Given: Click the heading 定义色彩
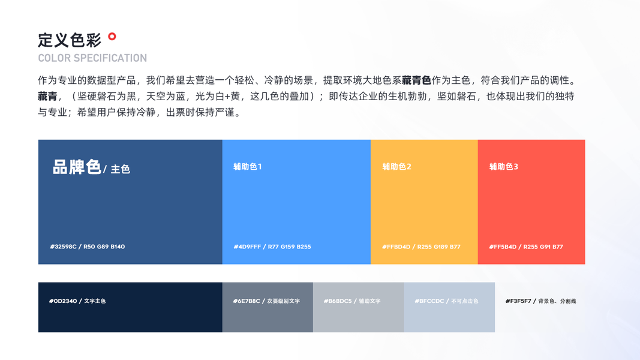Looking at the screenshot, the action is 70,40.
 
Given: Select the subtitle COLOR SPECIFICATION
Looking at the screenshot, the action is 92,58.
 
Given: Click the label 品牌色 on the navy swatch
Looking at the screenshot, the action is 77,167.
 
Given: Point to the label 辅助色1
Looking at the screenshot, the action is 247,167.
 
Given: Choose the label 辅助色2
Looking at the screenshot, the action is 396,167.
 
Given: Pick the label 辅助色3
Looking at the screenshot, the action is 504,167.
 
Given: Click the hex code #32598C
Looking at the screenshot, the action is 63,247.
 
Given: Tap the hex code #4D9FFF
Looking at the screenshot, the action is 247,247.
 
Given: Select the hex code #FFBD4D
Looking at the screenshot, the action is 396,247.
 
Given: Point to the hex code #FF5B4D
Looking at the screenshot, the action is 503,247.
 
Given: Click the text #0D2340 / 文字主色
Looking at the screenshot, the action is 77,301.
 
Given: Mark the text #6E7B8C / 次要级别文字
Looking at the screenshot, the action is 266,301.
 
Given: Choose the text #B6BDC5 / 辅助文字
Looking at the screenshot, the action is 352,301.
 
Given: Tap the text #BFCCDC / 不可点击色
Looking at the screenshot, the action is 446,301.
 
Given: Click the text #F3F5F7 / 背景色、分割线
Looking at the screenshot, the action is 541,301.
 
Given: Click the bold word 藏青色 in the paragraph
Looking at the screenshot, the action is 416,80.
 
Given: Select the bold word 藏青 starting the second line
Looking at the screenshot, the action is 48,97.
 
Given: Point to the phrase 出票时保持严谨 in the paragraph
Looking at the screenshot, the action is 200,112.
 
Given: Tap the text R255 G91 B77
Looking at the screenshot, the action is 543,247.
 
